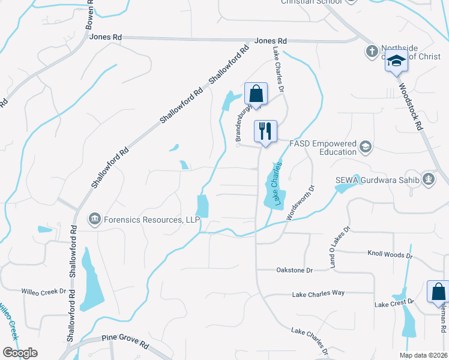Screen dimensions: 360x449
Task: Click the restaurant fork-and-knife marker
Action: point(265,131)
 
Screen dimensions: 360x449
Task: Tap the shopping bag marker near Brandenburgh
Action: point(256,94)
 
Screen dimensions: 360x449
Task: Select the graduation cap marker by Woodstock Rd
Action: point(396,61)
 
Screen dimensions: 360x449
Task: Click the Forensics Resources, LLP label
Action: point(151,220)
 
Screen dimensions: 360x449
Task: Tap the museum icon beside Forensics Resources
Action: point(94,220)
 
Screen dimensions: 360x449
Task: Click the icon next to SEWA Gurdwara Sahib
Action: point(428,178)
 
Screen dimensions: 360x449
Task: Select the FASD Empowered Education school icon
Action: point(364,147)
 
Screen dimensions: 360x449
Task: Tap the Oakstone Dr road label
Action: point(294,271)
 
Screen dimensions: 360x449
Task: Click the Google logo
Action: point(20,353)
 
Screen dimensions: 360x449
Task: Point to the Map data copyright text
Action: point(423,355)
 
